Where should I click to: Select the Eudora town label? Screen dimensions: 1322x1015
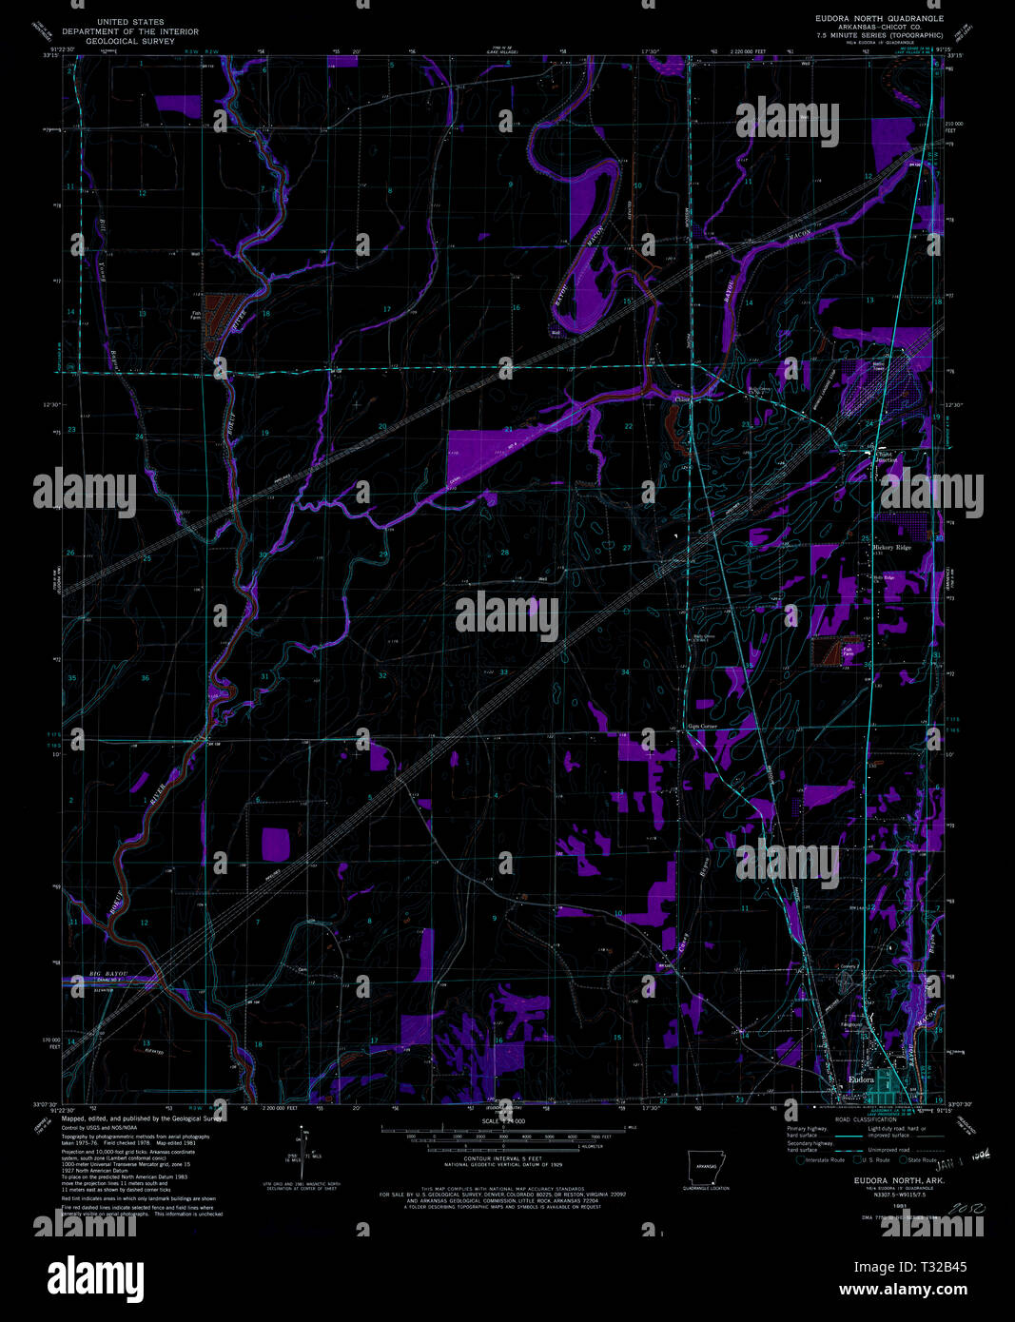click(860, 1079)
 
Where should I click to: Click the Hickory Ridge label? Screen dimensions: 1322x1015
click(891, 548)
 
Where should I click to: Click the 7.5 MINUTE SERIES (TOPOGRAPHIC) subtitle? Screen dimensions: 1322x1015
click(880, 35)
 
